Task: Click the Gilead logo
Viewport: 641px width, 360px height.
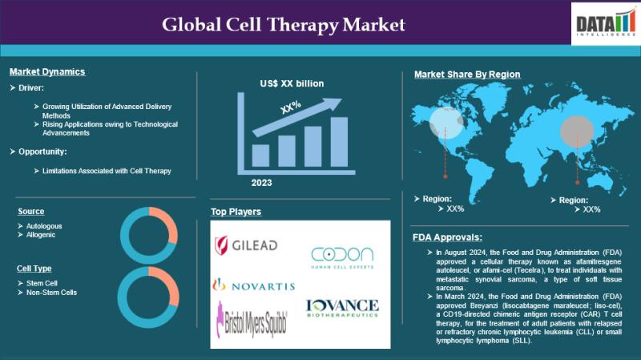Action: (246, 245)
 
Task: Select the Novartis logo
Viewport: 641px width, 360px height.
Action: (253, 285)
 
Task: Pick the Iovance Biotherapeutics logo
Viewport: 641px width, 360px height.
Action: (342, 309)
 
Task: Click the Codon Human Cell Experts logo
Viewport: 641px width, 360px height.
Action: (342, 257)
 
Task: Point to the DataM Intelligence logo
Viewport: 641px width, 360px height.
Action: (606, 24)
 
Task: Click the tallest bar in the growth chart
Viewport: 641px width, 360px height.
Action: (339, 142)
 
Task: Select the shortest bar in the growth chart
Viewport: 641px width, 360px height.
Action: (260, 156)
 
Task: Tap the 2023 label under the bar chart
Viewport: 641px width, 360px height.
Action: (262, 183)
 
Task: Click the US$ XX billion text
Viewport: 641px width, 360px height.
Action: (292, 83)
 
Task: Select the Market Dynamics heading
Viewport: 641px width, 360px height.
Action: (47, 71)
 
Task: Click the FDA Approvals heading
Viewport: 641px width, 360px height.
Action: (447, 237)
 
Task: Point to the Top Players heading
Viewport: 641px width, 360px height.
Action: (236, 212)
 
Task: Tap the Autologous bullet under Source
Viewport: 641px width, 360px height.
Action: (44, 226)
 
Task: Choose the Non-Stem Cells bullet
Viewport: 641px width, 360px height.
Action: (51, 293)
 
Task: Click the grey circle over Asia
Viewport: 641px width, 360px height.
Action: (577, 131)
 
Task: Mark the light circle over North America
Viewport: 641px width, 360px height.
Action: (446, 123)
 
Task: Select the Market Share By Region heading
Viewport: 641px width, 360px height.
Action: (467, 75)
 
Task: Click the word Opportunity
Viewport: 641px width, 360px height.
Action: (42, 152)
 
